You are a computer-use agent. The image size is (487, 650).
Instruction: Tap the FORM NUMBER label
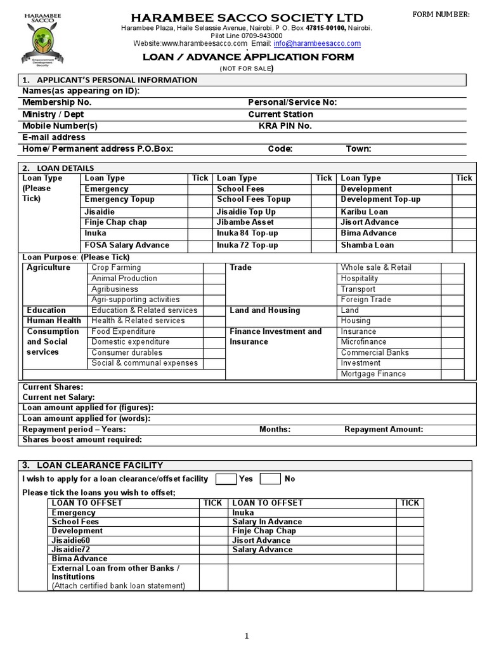[x=441, y=15]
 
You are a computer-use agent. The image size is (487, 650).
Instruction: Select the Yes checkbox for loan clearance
[x=226, y=479]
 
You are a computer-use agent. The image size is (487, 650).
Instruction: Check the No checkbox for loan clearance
[x=270, y=479]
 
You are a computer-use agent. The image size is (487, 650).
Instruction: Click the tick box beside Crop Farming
[x=214, y=268]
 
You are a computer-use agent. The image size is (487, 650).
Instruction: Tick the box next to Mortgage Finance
[x=452, y=374]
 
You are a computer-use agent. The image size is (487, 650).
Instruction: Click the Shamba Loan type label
[x=367, y=245]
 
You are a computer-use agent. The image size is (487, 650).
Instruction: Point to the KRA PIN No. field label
[x=285, y=126]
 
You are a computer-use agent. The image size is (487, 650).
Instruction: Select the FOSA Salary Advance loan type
[x=127, y=245]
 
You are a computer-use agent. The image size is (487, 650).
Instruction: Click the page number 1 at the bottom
[x=247, y=636]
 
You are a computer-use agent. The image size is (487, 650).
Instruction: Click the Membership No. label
[x=57, y=102]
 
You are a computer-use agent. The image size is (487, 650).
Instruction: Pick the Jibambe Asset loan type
[x=245, y=222]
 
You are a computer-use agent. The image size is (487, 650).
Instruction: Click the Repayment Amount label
[x=384, y=429]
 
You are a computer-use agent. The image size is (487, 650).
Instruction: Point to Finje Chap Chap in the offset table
[x=264, y=531]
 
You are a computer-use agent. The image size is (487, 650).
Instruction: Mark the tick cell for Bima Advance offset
[x=212, y=559]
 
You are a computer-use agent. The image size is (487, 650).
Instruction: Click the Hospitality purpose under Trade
[x=360, y=278]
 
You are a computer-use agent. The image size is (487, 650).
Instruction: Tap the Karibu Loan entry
[x=364, y=211]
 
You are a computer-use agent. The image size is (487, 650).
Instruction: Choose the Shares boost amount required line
[x=82, y=439]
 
